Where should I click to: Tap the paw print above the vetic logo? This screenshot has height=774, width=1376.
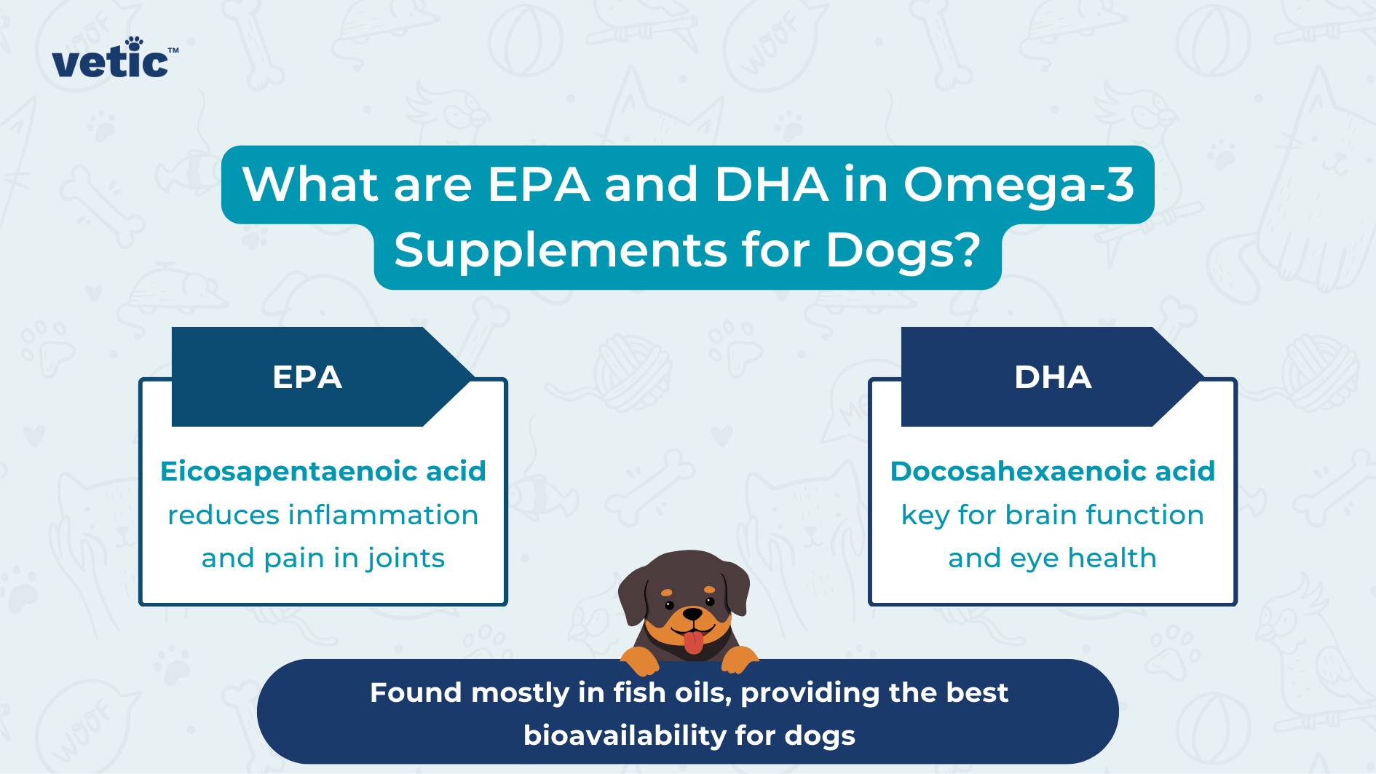(135, 44)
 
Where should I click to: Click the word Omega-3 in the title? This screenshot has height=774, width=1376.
(1019, 184)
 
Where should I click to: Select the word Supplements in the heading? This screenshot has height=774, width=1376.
(560, 250)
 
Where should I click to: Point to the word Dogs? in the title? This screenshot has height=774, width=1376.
(903, 250)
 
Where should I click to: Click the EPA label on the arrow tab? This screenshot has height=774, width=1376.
(307, 377)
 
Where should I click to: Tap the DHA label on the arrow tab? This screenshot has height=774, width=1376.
(1053, 377)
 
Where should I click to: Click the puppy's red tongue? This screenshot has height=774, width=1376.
(694, 641)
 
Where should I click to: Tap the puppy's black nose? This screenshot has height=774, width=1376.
(692, 615)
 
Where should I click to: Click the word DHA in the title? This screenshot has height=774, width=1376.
(771, 184)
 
